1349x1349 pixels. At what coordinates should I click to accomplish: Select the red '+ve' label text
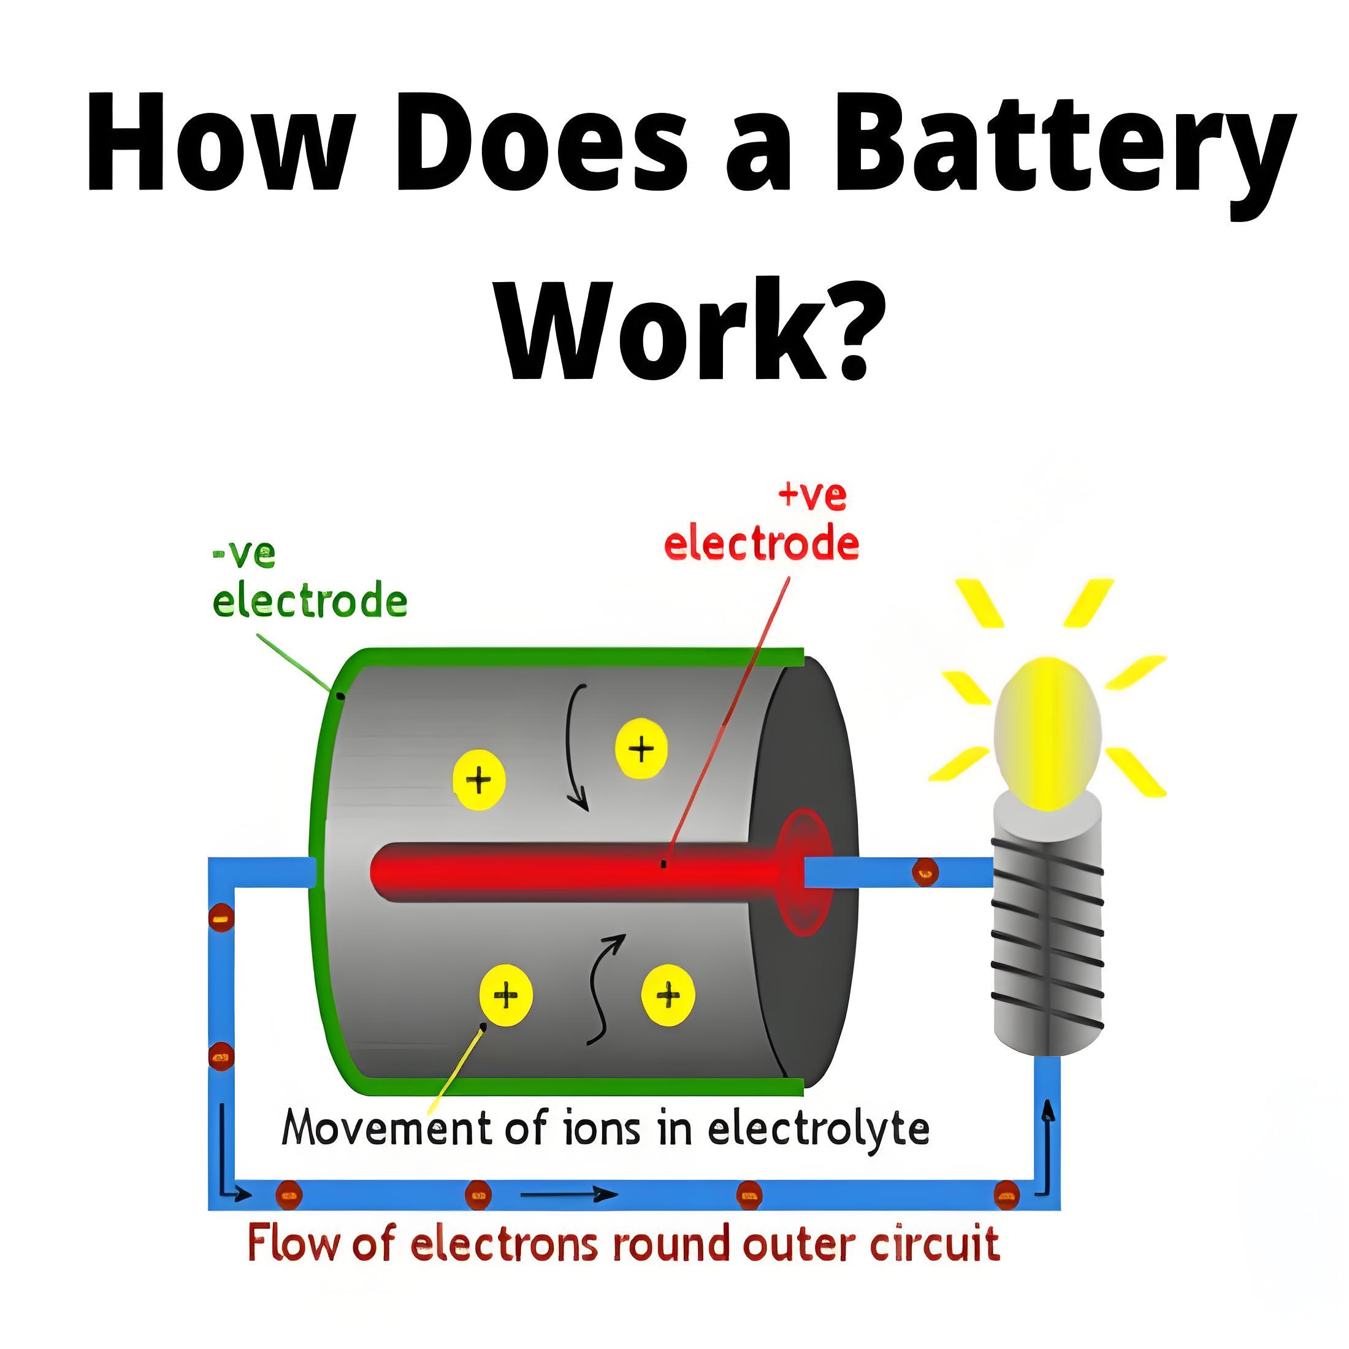pos(812,495)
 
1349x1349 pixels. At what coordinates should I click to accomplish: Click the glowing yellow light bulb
pos(1047,733)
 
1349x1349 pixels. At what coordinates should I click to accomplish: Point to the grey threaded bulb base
pos(1047,928)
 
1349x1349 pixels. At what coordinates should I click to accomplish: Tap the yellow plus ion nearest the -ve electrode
pos(479,779)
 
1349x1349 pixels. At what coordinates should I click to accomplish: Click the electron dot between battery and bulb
pos(925,871)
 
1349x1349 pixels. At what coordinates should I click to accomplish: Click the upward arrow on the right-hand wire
pos(1047,1145)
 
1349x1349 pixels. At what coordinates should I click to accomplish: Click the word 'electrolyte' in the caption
pos(819,1128)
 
